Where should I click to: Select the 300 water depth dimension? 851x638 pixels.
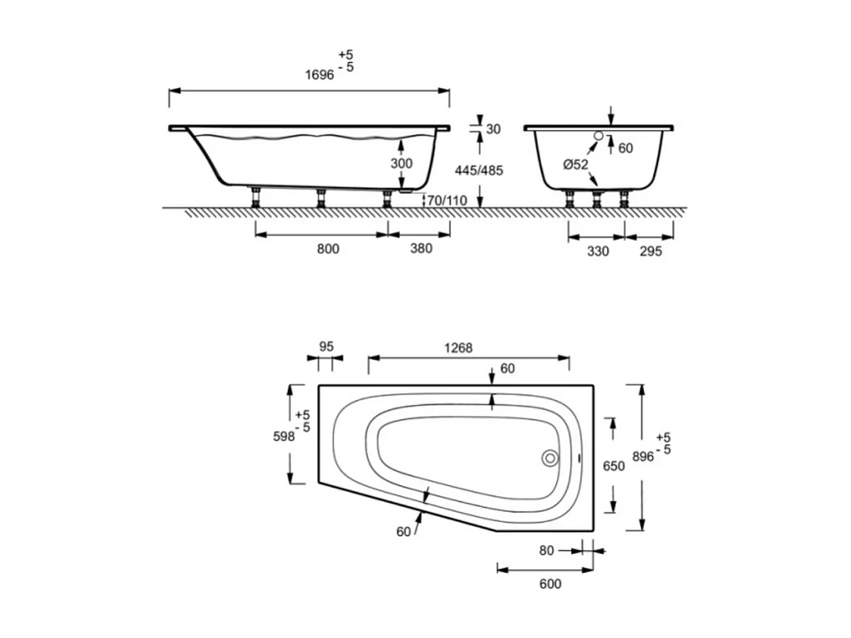[402, 162]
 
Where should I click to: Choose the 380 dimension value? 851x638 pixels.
[420, 250]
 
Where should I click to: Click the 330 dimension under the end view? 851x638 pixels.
[598, 251]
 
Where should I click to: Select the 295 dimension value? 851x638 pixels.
[650, 251]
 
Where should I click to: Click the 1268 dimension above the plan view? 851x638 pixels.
[458, 348]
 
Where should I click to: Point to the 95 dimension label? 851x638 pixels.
[325, 345]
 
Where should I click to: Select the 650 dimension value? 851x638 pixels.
[613, 466]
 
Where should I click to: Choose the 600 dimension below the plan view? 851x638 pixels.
[550, 584]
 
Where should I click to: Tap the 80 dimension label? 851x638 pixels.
[547, 551]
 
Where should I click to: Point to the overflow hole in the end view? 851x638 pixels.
[599, 136]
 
